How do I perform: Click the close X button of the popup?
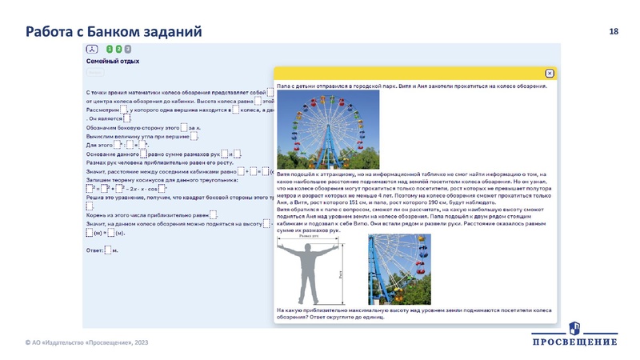(550, 73)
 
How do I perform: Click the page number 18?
(614, 31)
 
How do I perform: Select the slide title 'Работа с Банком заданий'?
(114, 31)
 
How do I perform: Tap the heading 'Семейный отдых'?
(113, 61)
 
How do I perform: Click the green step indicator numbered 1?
(109, 49)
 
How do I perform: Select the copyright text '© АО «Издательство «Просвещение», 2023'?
(86, 342)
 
